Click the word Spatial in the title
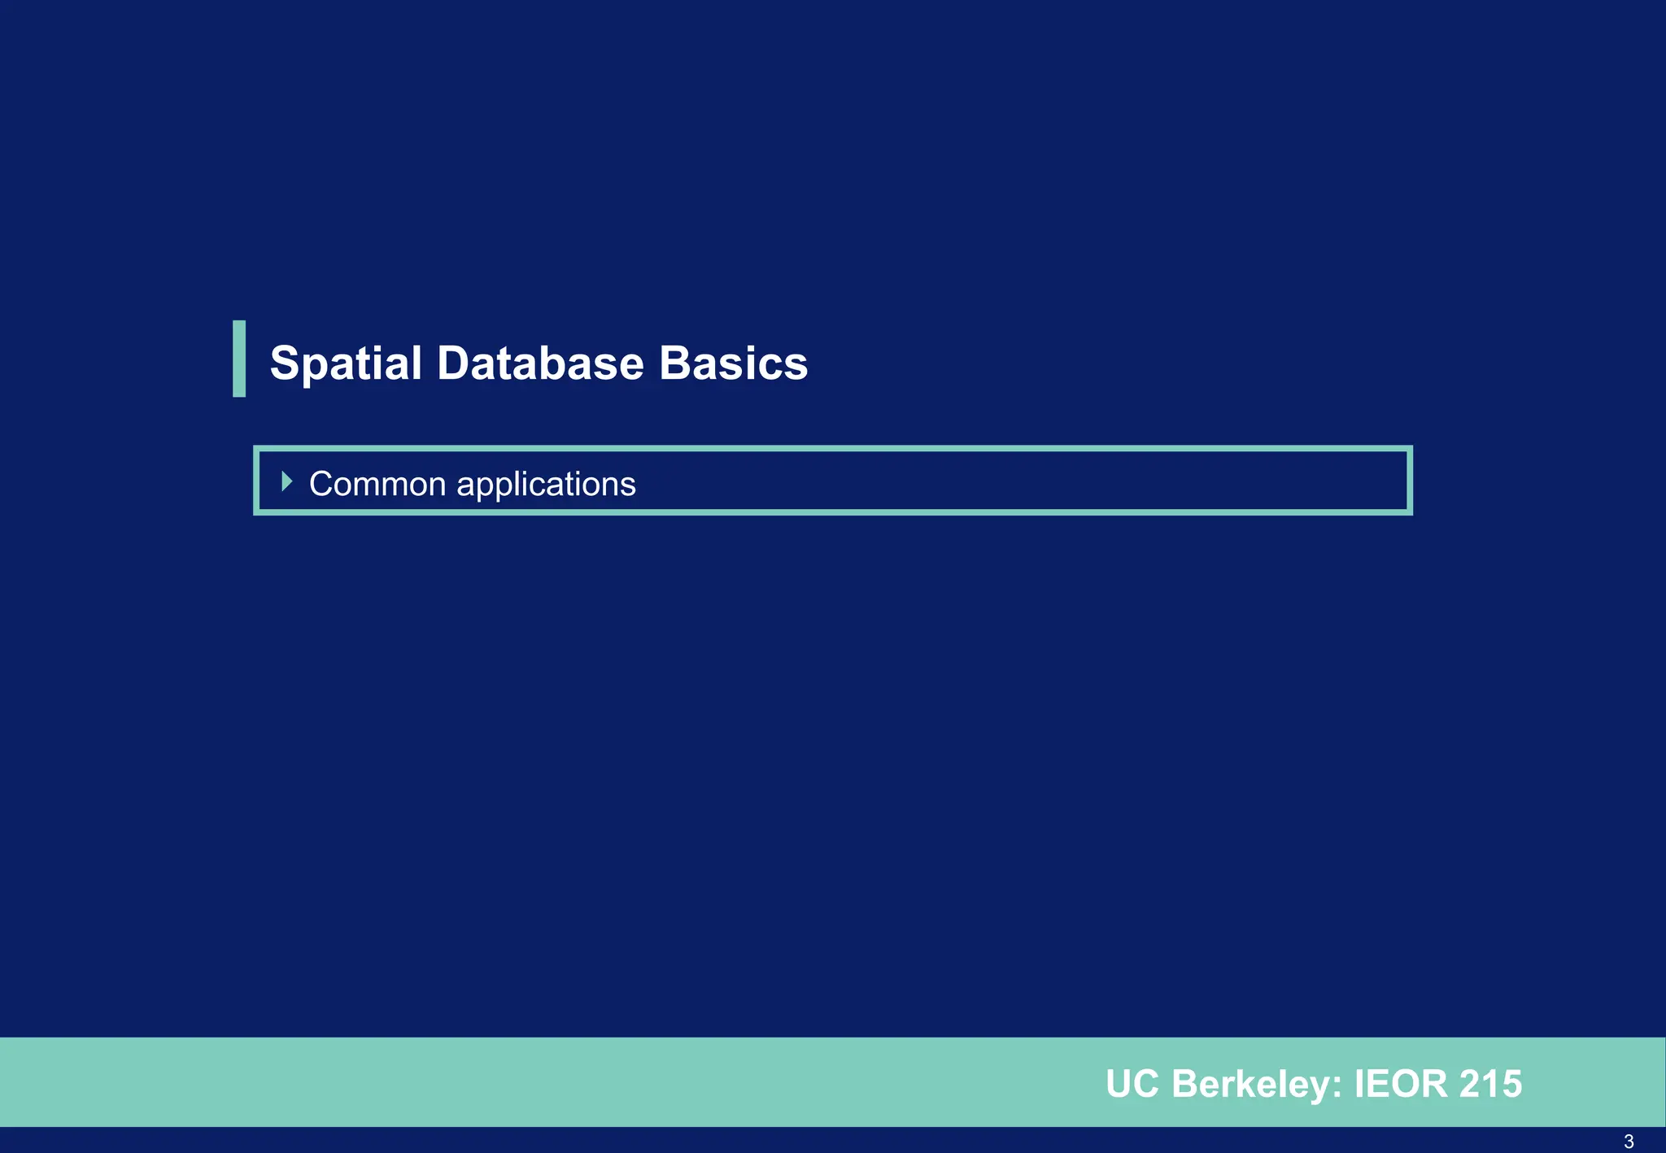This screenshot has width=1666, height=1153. (346, 363)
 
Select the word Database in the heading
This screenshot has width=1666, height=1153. (540, 363)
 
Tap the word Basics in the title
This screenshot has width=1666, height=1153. (733, 363)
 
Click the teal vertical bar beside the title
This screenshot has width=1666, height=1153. (239, 359)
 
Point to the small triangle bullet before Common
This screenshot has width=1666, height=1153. (286, 481)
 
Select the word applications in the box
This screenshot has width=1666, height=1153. (546, 485)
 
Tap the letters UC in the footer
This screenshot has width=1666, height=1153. (1132, 1084)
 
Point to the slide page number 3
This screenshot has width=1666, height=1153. (1629, 1142)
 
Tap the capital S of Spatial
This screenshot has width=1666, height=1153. (286, 363)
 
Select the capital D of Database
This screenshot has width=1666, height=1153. (455, 363)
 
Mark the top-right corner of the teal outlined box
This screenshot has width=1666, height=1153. (1410, 449)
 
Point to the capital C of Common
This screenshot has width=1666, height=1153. (321, 484)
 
